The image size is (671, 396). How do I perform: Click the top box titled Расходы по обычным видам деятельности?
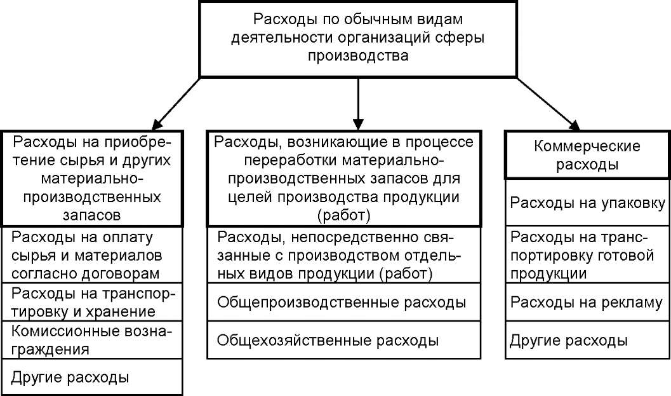(x=358, y=39)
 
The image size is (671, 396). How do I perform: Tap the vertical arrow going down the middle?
(x=358, y=104)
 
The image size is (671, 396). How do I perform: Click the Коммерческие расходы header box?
(x=587, y=154)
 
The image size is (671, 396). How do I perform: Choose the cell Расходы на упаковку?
(x=587, y=202)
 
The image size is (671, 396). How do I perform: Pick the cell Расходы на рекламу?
(x=587, y=302)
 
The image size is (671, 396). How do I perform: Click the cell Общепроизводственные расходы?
(x=343, y=302)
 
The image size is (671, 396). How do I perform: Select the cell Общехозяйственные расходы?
(x=343, y=340)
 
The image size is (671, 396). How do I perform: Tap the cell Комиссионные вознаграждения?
(x=92, y=340)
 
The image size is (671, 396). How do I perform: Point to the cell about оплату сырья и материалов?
(x=92, y=254)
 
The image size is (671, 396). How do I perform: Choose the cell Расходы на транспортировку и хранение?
(x=92, y=302)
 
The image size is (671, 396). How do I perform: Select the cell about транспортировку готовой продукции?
(x=587, y=254)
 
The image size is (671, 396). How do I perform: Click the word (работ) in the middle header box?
(x=344, y=215)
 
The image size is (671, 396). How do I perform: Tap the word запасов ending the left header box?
(x=91, y=215)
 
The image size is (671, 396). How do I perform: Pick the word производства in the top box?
(x=358, y=56)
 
